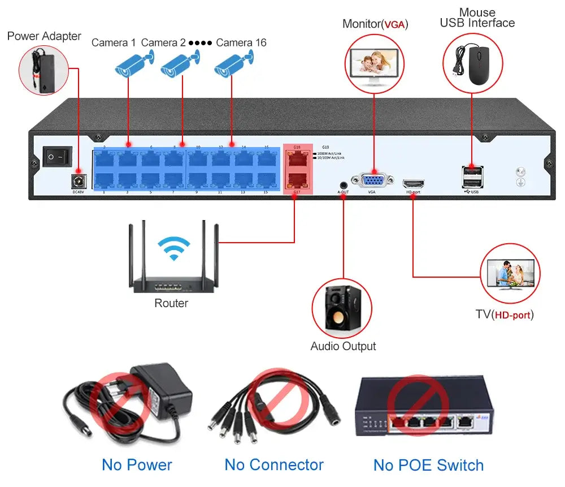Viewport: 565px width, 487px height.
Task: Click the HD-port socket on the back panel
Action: pos(413,184)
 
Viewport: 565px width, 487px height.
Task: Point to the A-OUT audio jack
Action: pos(343,184)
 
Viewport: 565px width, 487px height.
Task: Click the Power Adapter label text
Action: pos(44,36)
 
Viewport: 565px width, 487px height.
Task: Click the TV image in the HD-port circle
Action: pos(510,274)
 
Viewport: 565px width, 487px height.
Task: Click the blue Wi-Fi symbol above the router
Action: pos(173,247)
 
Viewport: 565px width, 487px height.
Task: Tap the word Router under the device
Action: pos(171,303)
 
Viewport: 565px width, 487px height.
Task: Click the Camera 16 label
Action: pos(241,42)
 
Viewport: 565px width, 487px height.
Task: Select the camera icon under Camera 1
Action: pos(133,63)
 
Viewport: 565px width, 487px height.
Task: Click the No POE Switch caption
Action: pos(428,466)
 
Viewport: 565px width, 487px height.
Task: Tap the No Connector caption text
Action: pos(274,465)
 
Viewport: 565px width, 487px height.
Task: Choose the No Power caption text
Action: pos(137,465)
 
